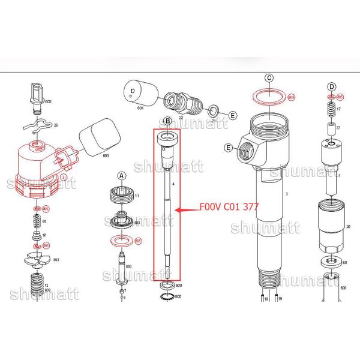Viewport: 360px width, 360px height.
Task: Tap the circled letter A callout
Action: point(122,176)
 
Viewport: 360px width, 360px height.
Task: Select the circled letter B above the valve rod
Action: point(169,121)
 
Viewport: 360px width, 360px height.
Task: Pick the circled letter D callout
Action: point(332,85)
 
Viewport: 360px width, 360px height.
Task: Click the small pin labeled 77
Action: point(331,128)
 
